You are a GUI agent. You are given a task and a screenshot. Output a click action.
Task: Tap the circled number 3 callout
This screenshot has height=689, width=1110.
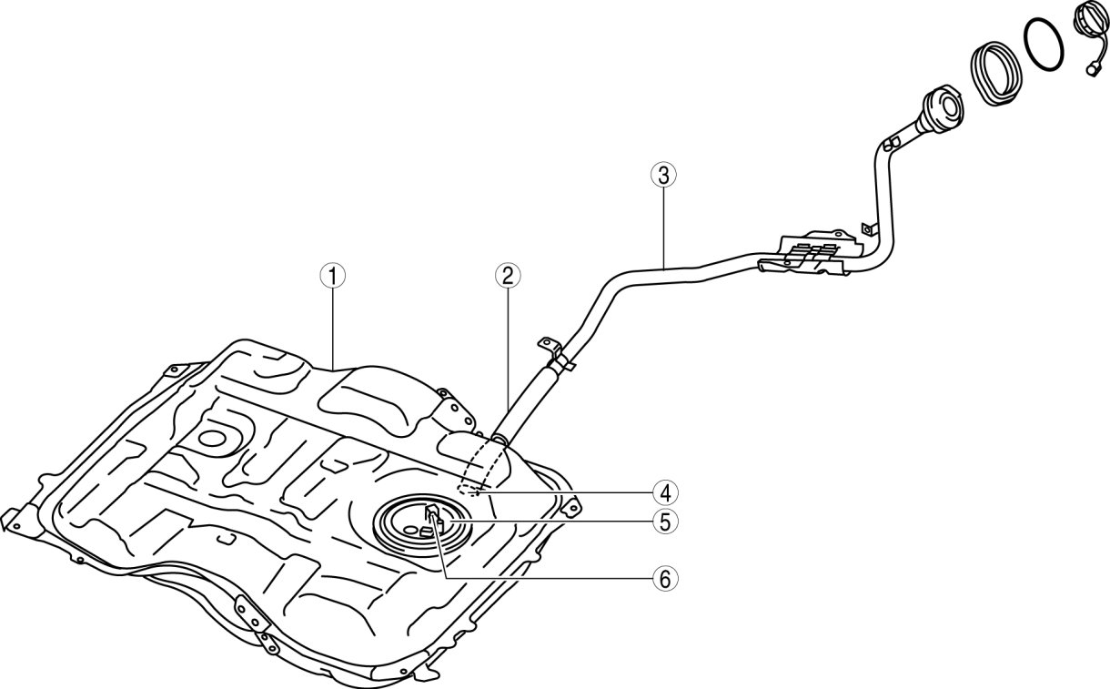click(x=664, y=175)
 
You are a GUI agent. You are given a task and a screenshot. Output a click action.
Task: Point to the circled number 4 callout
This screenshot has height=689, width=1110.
click(x=664, y=492)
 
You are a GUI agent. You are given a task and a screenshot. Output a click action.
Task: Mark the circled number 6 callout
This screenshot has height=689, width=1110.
click(x=664, y=577)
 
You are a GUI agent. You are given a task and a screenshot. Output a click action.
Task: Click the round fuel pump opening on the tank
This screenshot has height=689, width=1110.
click(x=424, y=524)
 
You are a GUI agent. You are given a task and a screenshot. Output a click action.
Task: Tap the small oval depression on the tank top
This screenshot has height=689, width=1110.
click(x=214, y=440)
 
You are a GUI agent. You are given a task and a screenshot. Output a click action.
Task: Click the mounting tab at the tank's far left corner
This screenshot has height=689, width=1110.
click(x=11, y=520)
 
